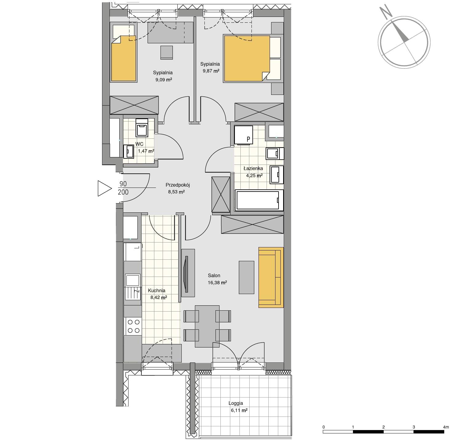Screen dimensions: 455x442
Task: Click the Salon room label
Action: (x=214, y=276)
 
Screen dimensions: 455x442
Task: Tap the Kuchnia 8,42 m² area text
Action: (x=158, y=297)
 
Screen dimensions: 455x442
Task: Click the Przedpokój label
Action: (x=177, y=185)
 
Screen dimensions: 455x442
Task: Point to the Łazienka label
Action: (x=253, y=168)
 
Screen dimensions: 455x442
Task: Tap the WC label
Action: (x=139, y=144)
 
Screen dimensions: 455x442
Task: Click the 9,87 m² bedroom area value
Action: (x=211, y=71)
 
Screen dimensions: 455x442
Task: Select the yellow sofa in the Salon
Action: (x=271, y=277)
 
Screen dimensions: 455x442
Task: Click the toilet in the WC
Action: (x=142, y=128)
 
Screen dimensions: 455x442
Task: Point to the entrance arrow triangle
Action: (x=105, y=188)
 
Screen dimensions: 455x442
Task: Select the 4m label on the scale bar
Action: (x=446, y=427)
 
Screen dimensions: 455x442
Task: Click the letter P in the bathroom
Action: (x=248, y=139)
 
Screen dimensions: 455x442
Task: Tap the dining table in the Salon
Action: (x=207, y=326)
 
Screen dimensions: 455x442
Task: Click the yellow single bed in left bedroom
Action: (x=124, y=58)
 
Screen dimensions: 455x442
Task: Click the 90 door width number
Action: (x=123, y=184)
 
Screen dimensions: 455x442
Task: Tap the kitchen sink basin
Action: (x=133, y=280)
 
